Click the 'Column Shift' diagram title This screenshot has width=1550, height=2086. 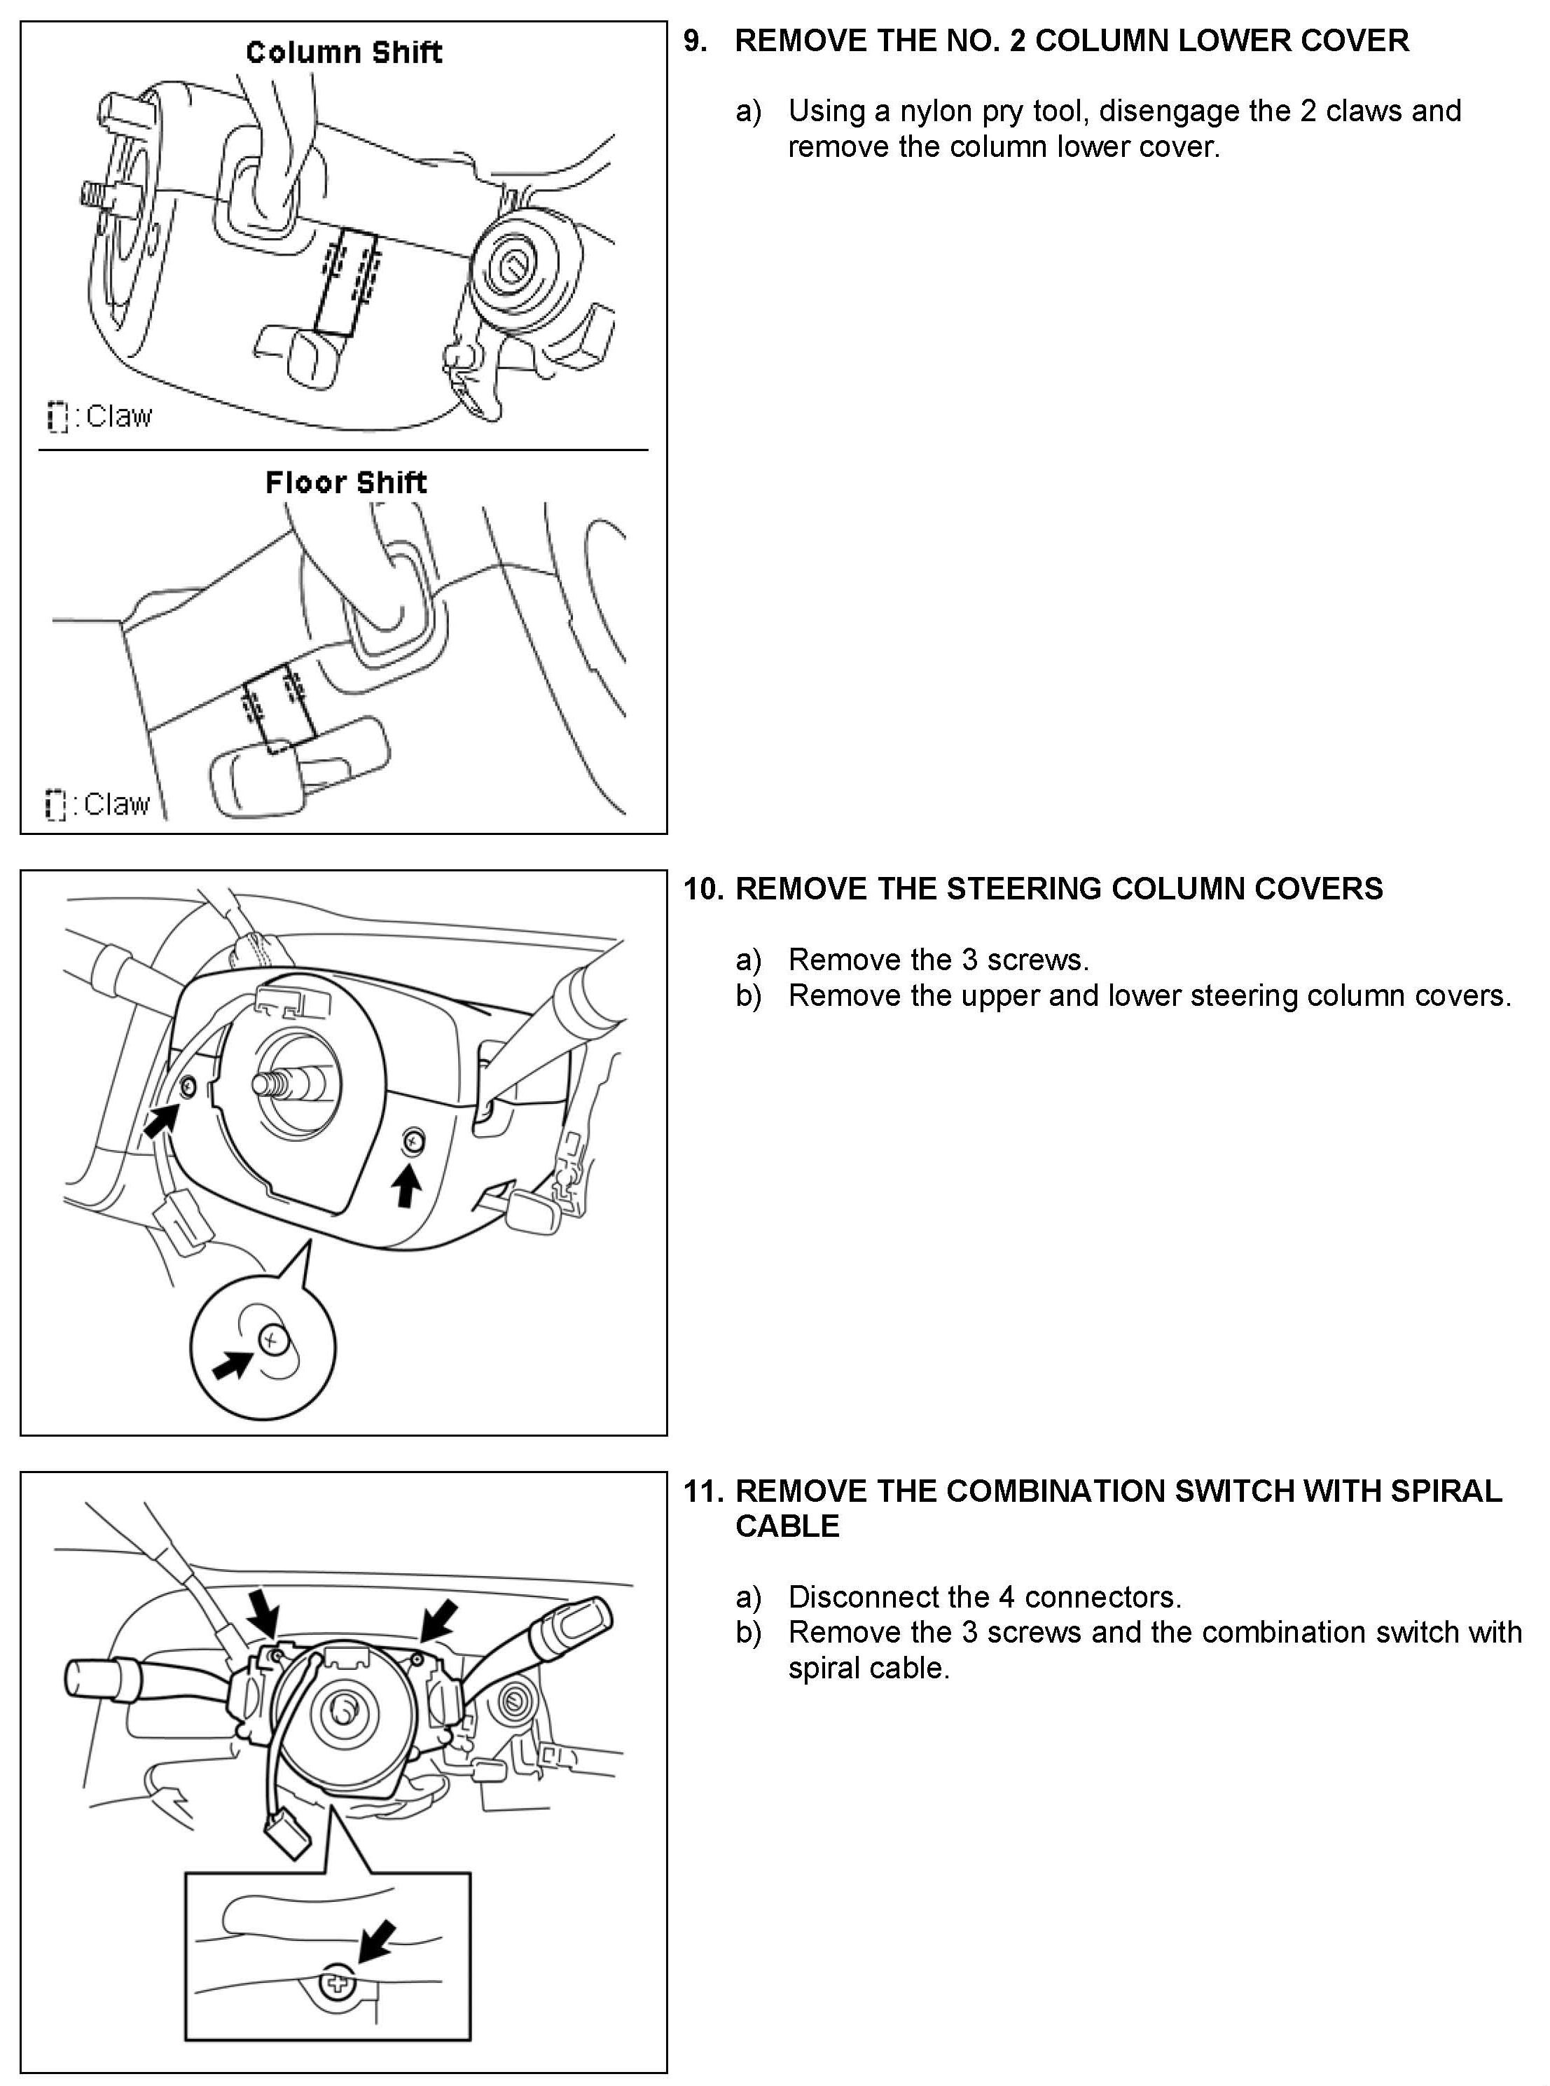(x=343, y=53)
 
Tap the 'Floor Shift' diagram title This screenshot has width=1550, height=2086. (x=345, y=483)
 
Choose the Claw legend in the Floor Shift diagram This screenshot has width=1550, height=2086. (x=99, y=804)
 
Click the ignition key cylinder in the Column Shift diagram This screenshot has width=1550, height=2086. (x=514, y=270)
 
